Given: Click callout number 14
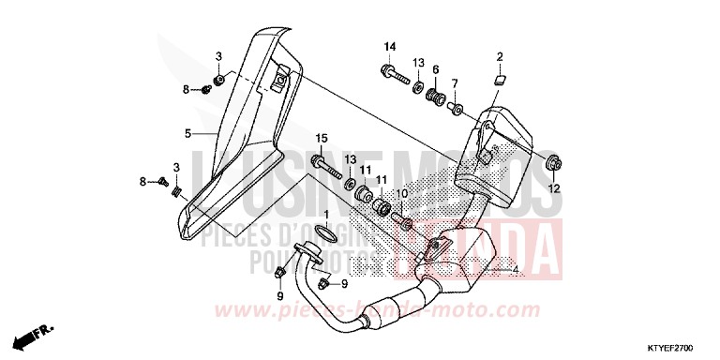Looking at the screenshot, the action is (x=389, y=47).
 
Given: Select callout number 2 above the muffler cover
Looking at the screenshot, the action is (x=501, y=56).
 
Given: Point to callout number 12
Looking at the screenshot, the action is (x=553, y=188).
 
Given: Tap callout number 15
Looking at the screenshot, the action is (x=321, y=139).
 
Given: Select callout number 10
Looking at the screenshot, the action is (x=402, y=194).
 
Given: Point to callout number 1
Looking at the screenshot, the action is (x=327, y=215).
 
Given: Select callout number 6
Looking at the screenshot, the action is (x=436, y=68).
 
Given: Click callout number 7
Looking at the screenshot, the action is (x=455, y=83).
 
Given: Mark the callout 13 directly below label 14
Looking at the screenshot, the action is (x=416, y=62).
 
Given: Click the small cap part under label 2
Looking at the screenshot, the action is (x=500, y=79).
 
